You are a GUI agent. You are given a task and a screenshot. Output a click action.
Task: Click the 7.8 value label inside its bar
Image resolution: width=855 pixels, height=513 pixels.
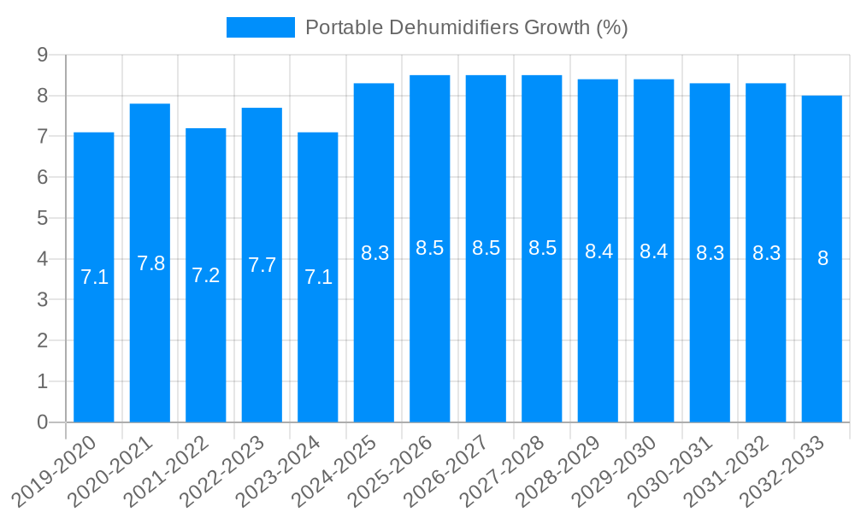click(x=150, y=263)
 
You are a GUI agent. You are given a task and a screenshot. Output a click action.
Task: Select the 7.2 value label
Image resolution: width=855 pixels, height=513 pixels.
click(x=206, y=275)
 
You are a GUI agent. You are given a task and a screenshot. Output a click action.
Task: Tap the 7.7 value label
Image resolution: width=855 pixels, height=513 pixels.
click(x=262, y=265)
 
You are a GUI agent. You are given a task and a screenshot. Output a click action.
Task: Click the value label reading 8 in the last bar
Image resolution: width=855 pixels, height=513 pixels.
click(x=823, y=258)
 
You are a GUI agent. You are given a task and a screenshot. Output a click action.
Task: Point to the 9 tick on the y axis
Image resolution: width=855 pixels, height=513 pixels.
click(x=42, y=56)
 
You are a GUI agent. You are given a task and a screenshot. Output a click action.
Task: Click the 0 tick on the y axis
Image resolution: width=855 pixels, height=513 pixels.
click(x=42, y=422)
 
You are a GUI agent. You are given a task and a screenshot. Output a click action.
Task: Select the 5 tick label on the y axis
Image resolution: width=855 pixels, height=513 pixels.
click(x=42, y=218)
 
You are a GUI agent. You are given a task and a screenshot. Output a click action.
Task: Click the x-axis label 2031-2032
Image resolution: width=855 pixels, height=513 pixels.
click(x=729, y=469)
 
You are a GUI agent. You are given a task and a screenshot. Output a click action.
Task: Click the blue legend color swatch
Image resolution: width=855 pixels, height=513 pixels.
click(x=260, y=27)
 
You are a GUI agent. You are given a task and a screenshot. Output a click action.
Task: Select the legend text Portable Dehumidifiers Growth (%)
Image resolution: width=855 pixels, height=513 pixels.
click(x=467, y=27)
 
